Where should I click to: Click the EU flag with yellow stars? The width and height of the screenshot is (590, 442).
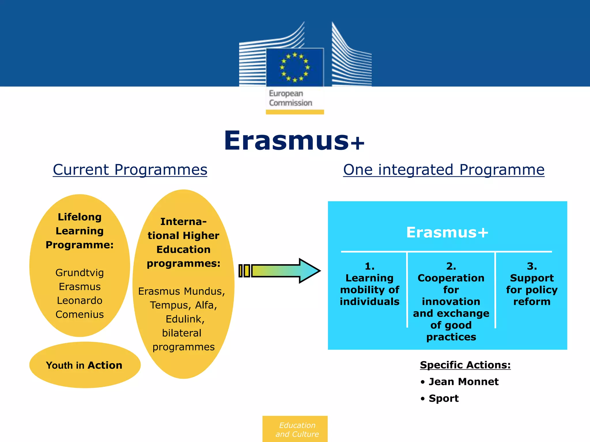295,67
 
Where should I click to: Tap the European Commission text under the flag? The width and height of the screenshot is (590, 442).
290,98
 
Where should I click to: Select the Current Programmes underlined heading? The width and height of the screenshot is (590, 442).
130,169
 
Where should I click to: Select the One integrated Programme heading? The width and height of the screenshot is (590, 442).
444,169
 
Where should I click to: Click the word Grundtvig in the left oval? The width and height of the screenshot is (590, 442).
80,273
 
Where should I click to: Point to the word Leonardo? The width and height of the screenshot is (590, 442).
80,300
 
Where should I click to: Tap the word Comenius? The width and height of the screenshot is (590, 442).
80,314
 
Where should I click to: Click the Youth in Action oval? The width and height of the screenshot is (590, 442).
84,365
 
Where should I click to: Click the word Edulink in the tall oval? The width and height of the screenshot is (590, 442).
185,319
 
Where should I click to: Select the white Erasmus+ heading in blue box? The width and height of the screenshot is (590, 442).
447,232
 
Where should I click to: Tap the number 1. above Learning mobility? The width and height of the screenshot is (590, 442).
370,266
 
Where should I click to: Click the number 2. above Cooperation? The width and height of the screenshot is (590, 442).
451,266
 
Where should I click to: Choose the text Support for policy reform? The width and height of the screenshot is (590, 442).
532,289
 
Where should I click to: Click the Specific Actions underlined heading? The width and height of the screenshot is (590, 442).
465,365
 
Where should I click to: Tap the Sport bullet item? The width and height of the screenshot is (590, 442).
443,398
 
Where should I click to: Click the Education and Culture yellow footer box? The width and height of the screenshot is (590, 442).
295,429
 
